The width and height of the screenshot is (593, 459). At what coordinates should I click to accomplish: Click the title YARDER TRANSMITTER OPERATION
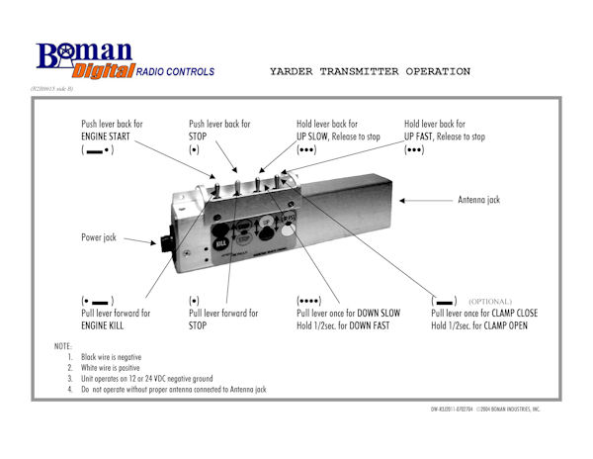click(370, 72)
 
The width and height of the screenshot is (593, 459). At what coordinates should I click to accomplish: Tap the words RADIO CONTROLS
click(174, 72)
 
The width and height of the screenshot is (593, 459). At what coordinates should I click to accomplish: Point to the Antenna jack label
click(479, 200)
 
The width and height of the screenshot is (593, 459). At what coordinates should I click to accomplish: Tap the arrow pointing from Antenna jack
click(426, 200)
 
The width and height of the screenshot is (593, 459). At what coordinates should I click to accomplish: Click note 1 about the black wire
click(129, 356)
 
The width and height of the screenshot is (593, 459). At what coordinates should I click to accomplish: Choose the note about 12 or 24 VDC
click(169, 379)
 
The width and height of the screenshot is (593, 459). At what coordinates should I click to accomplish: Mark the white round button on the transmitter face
click(289, 230)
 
